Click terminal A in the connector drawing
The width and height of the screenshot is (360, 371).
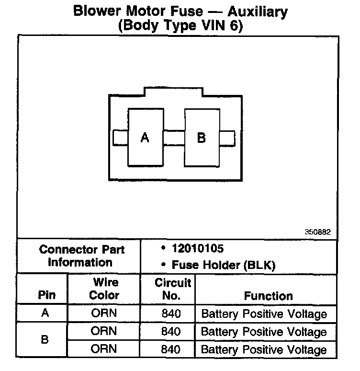click(x=145, y=138)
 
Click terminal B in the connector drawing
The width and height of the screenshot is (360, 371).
click(x=202, y=138)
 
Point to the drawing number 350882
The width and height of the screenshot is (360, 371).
click(x=317, y=232)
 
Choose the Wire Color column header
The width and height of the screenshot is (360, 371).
click(x=104, y=289)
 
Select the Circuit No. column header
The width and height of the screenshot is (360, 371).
click(x=172, y=289)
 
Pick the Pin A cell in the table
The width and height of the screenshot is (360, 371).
click(x=45, y=313)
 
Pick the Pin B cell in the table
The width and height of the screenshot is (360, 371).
click(x=45, y=340)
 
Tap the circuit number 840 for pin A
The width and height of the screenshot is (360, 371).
click(x=171, y=314)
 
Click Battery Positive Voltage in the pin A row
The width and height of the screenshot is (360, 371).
click(x=264, y=314)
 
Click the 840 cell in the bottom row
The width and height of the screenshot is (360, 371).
click(x=171, y=349)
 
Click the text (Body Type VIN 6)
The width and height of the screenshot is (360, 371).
click(x=180, y=26)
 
